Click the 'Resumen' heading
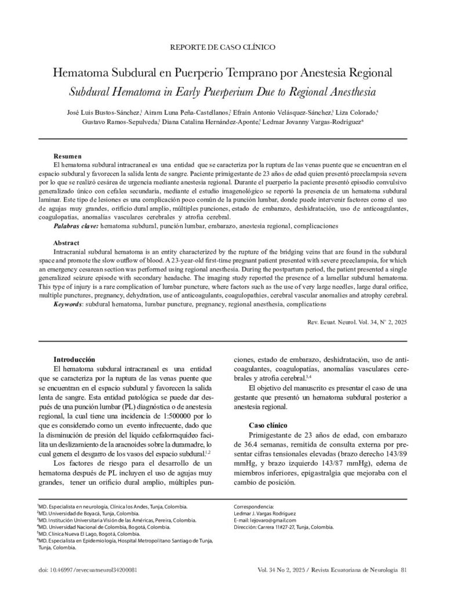click(68, 157)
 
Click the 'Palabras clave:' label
click(76, 225)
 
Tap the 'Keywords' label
click(67, 303)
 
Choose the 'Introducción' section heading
click(75, 360)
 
